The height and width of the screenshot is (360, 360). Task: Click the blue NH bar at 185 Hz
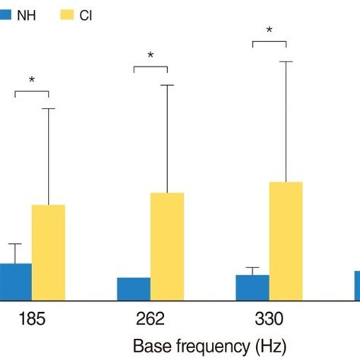pos(15,281)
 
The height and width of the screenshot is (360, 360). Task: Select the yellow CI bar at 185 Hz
pos(48,251)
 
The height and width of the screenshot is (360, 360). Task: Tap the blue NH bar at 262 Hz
pos(134,288)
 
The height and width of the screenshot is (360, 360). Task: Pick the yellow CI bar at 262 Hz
pos(167,245)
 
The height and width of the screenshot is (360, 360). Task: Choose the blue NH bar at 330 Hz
pos(252,286)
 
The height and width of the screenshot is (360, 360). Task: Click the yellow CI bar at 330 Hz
pos(286,240)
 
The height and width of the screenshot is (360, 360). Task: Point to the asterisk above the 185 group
pos(32,81)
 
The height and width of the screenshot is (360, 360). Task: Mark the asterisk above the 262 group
pos(150,56)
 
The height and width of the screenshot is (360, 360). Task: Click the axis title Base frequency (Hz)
pos(209,346)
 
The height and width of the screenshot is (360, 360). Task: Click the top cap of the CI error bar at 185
pos(48,109)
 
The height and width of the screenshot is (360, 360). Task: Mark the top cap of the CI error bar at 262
pos(167,85)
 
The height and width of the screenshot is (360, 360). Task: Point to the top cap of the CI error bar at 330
pos(286,61)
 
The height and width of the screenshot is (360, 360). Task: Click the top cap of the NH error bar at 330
pos(252,268)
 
